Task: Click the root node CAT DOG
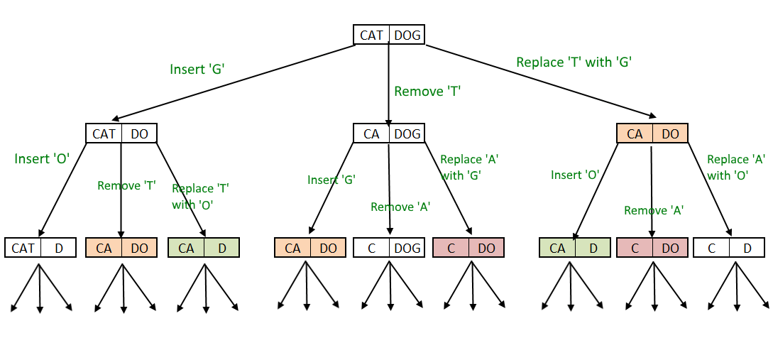coord(389,35)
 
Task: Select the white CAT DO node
coord(121,133)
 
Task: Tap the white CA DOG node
coord(389,133)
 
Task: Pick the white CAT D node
coord(40,248)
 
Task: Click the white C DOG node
coord(389,248)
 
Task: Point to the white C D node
coord(729,248)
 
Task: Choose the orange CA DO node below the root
coord(652,133)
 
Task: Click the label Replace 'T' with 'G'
coord(574,62)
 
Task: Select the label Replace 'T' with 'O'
coord(200,196)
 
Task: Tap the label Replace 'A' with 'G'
coord(468,167)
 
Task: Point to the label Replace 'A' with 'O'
coord(735,167)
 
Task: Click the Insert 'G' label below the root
coord(197,69)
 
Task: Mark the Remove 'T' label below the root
coord(427,91)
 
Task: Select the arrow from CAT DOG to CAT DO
coord(234,83)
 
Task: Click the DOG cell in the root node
coord(407,35)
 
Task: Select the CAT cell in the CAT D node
coord(23,248)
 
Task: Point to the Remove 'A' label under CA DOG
coord(400,207)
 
